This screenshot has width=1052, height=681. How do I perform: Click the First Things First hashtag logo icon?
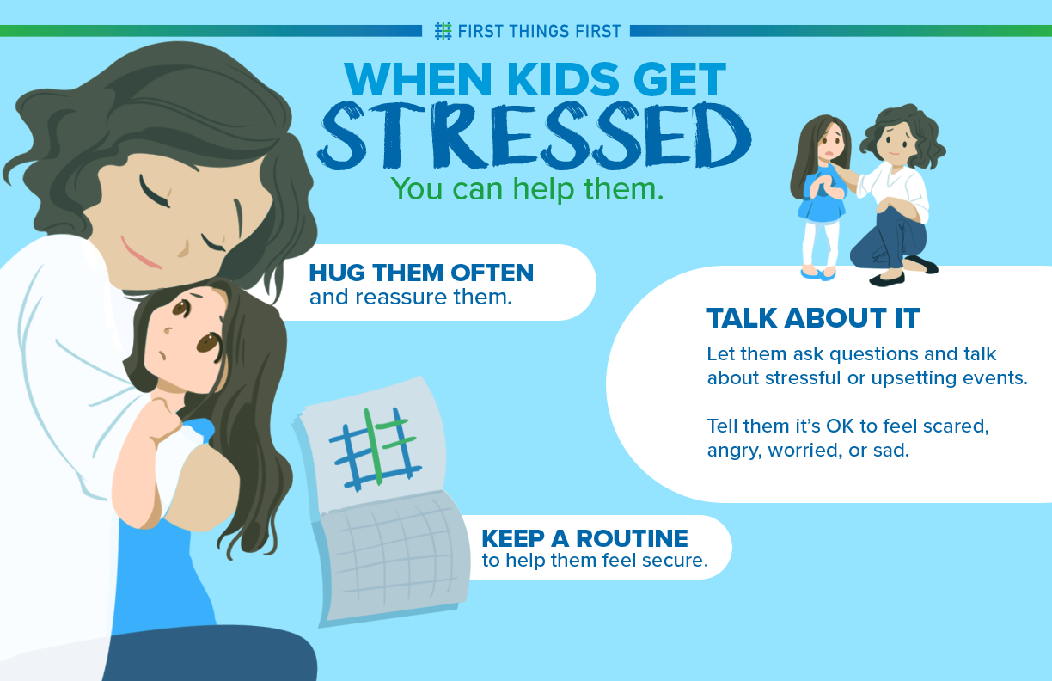(443, 31)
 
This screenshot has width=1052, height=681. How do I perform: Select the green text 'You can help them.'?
(527, 188)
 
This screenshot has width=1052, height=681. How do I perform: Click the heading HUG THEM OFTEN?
(421, 273)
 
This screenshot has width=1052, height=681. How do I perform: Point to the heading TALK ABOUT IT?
(813, 318)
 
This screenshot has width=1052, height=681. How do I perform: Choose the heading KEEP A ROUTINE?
(584, 538)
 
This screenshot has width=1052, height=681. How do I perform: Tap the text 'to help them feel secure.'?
(594, 561)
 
